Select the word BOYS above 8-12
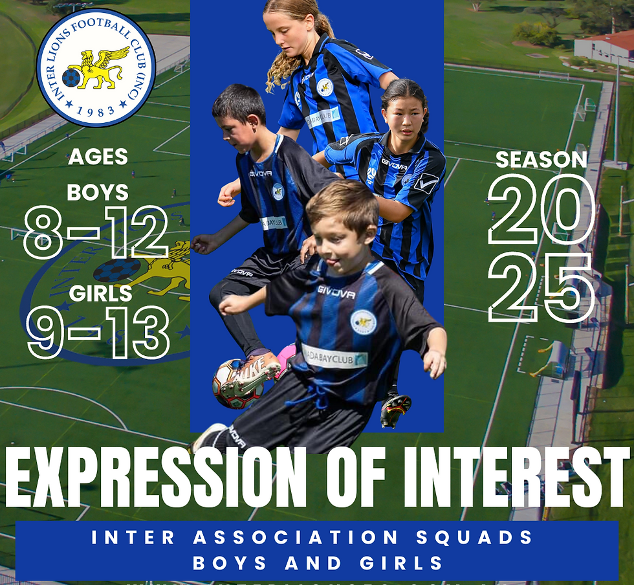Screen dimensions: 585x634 pos(98,192)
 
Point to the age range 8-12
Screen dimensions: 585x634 pos(96,233)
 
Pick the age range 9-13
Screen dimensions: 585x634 pos(97,334)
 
